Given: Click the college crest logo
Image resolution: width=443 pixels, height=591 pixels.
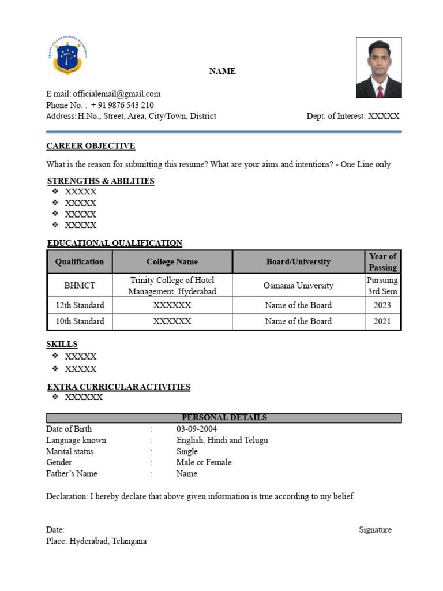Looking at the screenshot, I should pos(67,55).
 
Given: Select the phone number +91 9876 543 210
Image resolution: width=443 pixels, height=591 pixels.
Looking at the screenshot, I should pos(122,105).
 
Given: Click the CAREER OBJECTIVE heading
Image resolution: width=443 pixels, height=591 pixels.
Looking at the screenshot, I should pos(91,146).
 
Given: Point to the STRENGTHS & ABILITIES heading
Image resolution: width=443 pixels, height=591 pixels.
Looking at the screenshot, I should pos(100,181).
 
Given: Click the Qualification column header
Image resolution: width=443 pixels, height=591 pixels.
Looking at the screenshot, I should pos(80,261).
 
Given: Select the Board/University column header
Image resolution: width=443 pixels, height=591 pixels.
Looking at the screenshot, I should pos(298,261).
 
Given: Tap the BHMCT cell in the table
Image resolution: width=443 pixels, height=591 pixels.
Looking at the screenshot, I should pos(80,285).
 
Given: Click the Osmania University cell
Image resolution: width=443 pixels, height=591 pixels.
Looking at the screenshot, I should pos(298,285).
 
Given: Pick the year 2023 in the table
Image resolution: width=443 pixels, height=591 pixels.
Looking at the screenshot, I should pos(382,305).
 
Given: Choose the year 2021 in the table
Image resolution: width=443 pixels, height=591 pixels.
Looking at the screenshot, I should pos(382,321).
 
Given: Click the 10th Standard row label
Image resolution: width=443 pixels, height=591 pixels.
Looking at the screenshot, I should pos(80,321).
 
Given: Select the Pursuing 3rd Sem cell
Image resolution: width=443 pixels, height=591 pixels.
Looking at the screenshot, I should pos(382,285).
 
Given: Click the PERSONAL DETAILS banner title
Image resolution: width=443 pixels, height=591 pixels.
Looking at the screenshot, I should pos(224,418).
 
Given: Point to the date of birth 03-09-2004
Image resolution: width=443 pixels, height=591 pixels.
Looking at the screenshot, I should pos(197,429).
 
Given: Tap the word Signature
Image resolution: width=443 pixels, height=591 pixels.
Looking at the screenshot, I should pos(375,530).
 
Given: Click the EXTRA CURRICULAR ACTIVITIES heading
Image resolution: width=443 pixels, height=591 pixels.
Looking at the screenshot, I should pos(118,387).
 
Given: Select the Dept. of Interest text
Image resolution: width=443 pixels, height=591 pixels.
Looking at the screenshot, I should pos(352,116).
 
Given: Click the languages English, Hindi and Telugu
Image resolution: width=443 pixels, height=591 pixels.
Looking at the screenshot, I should pos(222,440).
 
